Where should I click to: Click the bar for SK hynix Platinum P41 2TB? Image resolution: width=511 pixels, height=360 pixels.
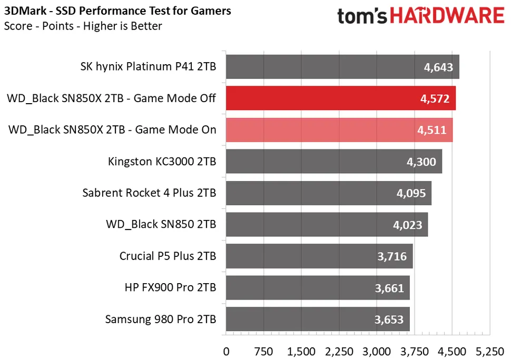(342, 67)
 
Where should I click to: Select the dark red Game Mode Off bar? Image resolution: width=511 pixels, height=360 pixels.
(341, 98)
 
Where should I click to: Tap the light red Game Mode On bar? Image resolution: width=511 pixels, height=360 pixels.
(339, 130)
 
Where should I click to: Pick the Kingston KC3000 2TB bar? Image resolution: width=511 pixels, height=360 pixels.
(334, 161)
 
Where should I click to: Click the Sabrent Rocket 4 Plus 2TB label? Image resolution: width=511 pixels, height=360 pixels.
(149, 193)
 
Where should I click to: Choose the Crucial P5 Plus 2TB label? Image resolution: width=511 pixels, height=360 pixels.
(168, 256)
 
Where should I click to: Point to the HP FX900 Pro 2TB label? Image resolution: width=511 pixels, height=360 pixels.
(171, 287)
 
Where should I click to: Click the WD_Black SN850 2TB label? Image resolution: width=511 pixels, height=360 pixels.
(161, 224)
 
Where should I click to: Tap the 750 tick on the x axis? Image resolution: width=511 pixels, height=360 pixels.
(263, 351)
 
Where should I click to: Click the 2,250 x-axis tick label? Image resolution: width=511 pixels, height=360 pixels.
(339, 351)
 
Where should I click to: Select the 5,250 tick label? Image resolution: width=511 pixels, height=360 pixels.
(489, 351)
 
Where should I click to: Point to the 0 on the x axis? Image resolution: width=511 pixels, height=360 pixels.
(227, 351)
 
